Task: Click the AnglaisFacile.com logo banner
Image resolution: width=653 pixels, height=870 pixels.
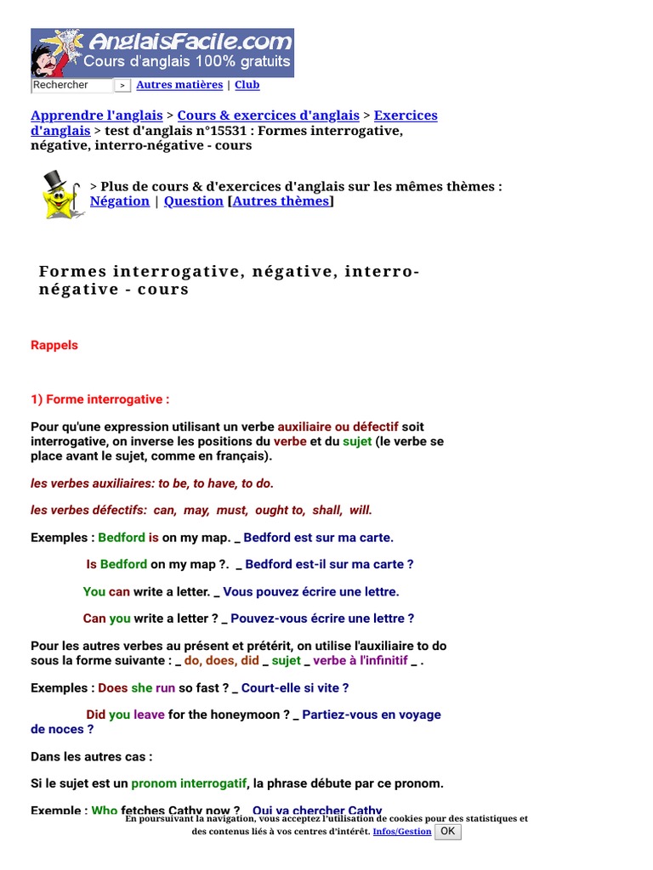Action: pyautogui.click(x=162, y=53)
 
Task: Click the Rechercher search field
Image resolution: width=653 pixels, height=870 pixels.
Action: pyautogui.click(x=71, y=85)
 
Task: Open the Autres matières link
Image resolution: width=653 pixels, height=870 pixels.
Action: pyautogui.click(x=179, y=85)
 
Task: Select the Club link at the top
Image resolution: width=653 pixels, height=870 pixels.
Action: pyautogui.click(x=247, y=85)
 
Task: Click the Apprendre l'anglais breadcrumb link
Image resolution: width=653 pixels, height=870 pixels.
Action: pyautogui.click(x=96, y=116)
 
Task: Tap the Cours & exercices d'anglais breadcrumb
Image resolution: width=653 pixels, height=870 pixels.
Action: pyautogui.click(x=268, y=116)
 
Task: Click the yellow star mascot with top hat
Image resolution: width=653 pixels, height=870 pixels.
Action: pyautogui.click(x=60, y=195)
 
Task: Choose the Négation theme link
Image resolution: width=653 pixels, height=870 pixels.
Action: pyautogui.click(x=119, y=201)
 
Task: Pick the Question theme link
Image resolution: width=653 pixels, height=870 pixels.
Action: pyautogui.click(x=193, y=201)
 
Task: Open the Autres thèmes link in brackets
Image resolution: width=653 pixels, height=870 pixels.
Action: pyautogui.click(x=281, y=201)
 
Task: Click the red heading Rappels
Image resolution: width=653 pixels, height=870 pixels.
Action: pyautogui.click(x=54, y=345)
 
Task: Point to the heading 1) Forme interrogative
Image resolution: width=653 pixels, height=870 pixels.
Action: pyautogui.click(x=100, y=399)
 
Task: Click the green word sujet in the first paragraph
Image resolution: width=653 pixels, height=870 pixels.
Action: pyautogui.click(x=357, y=442)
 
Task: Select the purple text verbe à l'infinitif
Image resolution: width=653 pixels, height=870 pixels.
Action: pyautogui.click(x=361, y=660)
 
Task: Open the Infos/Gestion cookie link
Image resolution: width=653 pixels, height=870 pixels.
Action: pyautogui.click(x=402, y=832)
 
